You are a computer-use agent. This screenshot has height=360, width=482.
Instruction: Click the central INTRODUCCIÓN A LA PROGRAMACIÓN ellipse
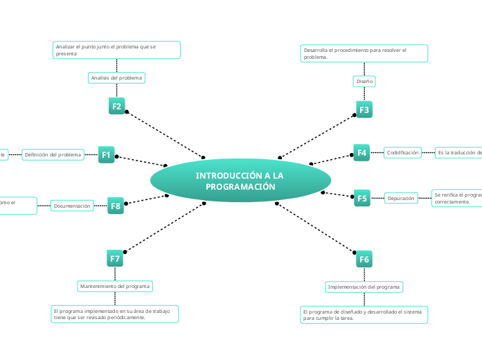[x=240, y=181]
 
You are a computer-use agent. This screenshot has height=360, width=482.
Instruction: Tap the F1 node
[x=106, y=155]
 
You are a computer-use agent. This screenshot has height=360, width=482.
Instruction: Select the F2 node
[x=117, y=106]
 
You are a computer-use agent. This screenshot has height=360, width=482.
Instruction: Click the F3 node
[x=364, y=109]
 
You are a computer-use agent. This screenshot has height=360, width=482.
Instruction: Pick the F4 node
[x=361, y=152]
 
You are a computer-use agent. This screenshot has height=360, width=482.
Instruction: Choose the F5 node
[x=361, y=198]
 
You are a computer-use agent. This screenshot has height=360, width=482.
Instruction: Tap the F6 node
[x=364, y=259]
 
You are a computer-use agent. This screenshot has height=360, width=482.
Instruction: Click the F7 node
[x=115, y=259]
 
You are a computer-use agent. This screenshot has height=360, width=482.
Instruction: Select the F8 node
[x=116, y=206]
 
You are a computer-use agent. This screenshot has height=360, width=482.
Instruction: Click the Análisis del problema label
[x=116, y=78]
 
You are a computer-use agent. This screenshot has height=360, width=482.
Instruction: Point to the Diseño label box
[x=364, y=81]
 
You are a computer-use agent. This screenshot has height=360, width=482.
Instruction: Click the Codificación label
[x=402, y=152]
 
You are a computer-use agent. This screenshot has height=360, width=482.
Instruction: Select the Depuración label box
[x=401, y=198]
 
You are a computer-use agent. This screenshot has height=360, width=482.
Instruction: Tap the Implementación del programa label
[x=364, y=287]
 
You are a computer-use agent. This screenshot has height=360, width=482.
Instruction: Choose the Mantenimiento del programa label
[x=115, y=286]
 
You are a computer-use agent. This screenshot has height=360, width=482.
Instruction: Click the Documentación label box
[x=73, y=206]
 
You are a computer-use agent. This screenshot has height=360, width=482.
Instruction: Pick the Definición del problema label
[x=53, y=155]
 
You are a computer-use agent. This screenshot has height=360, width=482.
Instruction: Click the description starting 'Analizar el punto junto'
[x=116, y=50]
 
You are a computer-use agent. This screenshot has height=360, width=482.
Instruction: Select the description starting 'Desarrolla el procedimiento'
[x=364, y=53]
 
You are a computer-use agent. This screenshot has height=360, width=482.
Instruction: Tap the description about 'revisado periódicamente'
[x=115, y=314]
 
